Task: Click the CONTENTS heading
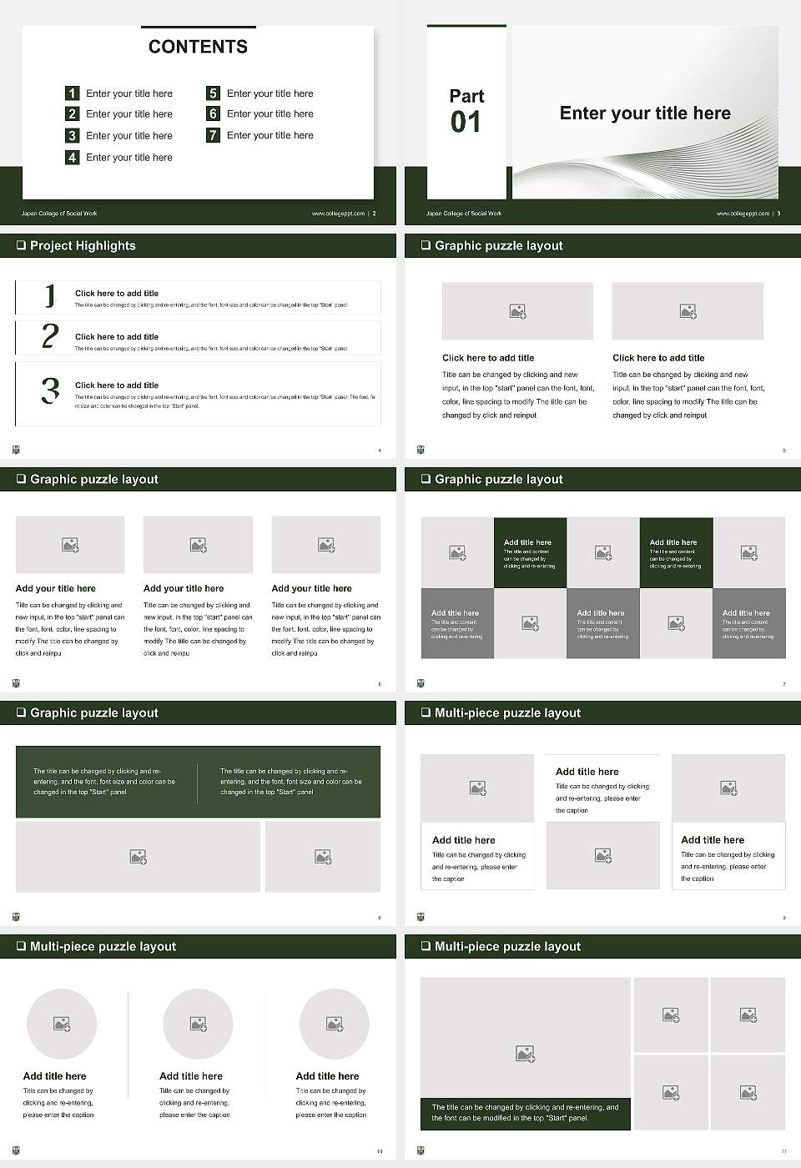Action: coord(198,47)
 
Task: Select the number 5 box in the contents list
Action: coord(213,93)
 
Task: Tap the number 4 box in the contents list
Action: coord(73,157)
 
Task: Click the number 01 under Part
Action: coord(466,123)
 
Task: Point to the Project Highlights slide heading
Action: coord(83,245)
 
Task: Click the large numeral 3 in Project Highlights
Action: coord(50,390)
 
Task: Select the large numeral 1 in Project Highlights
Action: coord(50,295)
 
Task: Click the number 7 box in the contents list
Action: coord(213,135)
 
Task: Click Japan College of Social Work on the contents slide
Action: coord(59,214)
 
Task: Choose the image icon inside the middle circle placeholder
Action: coord(198,1024)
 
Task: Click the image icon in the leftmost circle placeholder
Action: coord(62,1024)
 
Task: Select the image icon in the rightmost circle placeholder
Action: coord(335,1024)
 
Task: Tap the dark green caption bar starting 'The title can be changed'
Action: coord(525,1113)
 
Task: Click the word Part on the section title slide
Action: coord(466,96)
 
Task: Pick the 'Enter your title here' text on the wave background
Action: coord(645,113)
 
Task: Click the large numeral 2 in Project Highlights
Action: coord(50,336)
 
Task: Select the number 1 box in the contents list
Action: coord(73,93)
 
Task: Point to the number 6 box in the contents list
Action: coord(213,113)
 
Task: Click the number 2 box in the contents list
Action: coord(73,113)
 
